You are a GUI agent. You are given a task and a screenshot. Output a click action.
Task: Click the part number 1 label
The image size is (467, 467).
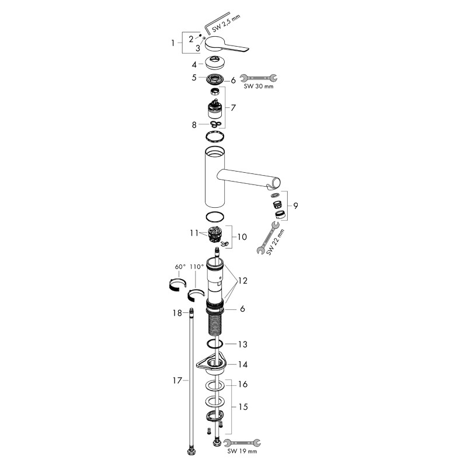click(x=173, y=43)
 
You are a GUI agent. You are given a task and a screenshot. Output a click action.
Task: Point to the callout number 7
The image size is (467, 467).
click(x=233, y=108)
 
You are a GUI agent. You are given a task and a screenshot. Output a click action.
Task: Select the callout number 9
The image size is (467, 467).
click(x=296, y=205)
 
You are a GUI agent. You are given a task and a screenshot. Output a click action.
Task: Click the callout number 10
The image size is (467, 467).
click(x=241, y=237)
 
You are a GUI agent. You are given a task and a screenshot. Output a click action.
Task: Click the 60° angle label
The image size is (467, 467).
click(x=179, y=266)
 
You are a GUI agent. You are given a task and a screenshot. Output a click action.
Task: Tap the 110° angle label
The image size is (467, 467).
click(x=196, y=266)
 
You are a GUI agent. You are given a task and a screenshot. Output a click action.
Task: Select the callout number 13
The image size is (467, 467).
click(x=241, y=344)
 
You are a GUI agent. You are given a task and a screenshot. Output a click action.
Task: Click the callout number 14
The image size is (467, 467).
click(x=241, y=364)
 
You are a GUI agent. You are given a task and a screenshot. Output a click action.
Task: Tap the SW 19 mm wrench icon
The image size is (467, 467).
click(x=242, y=442)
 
